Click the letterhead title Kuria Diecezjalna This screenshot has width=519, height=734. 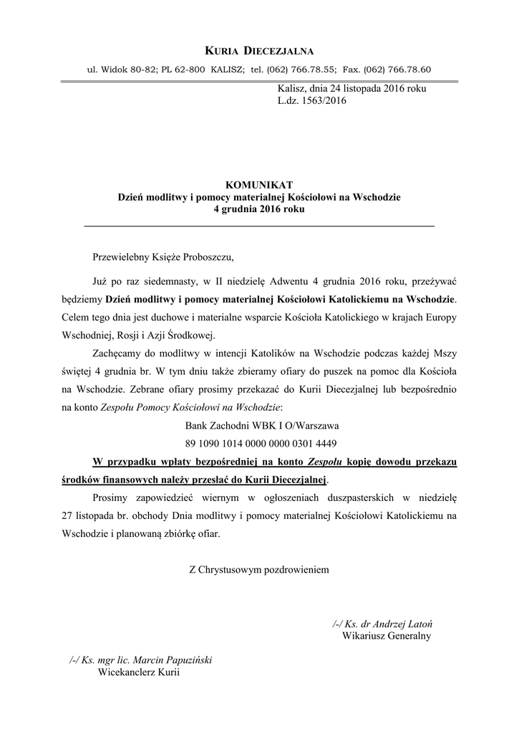coord(259,50)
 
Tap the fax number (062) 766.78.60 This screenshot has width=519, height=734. coord(397,70)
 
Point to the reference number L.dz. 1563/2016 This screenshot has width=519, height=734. coord(311,101)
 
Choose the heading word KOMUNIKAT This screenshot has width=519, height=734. coord(259,185)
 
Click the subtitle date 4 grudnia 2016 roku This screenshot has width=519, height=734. coord(259,210)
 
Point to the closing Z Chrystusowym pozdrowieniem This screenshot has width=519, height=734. coord(259,570)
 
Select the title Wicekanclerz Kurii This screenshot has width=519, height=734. coord(139,672)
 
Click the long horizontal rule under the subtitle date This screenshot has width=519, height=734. coord(259,226)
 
